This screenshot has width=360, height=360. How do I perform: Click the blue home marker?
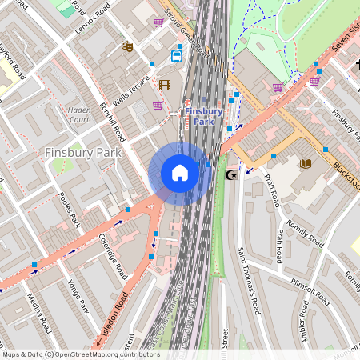point(180,173)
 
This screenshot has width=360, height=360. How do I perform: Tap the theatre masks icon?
point(126,46)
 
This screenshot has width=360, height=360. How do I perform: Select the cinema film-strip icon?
point(165,85)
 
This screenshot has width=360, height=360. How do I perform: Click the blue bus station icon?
point(176,56)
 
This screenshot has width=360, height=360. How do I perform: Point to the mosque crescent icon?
point(233,174)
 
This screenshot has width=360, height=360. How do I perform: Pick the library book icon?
point(305,164)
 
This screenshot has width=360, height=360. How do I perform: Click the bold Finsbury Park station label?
point(203,118)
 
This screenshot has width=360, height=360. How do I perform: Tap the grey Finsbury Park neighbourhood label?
point(83,152)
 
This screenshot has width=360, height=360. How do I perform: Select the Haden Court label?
point(79,114)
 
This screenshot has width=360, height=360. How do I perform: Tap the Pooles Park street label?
point(70,208)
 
